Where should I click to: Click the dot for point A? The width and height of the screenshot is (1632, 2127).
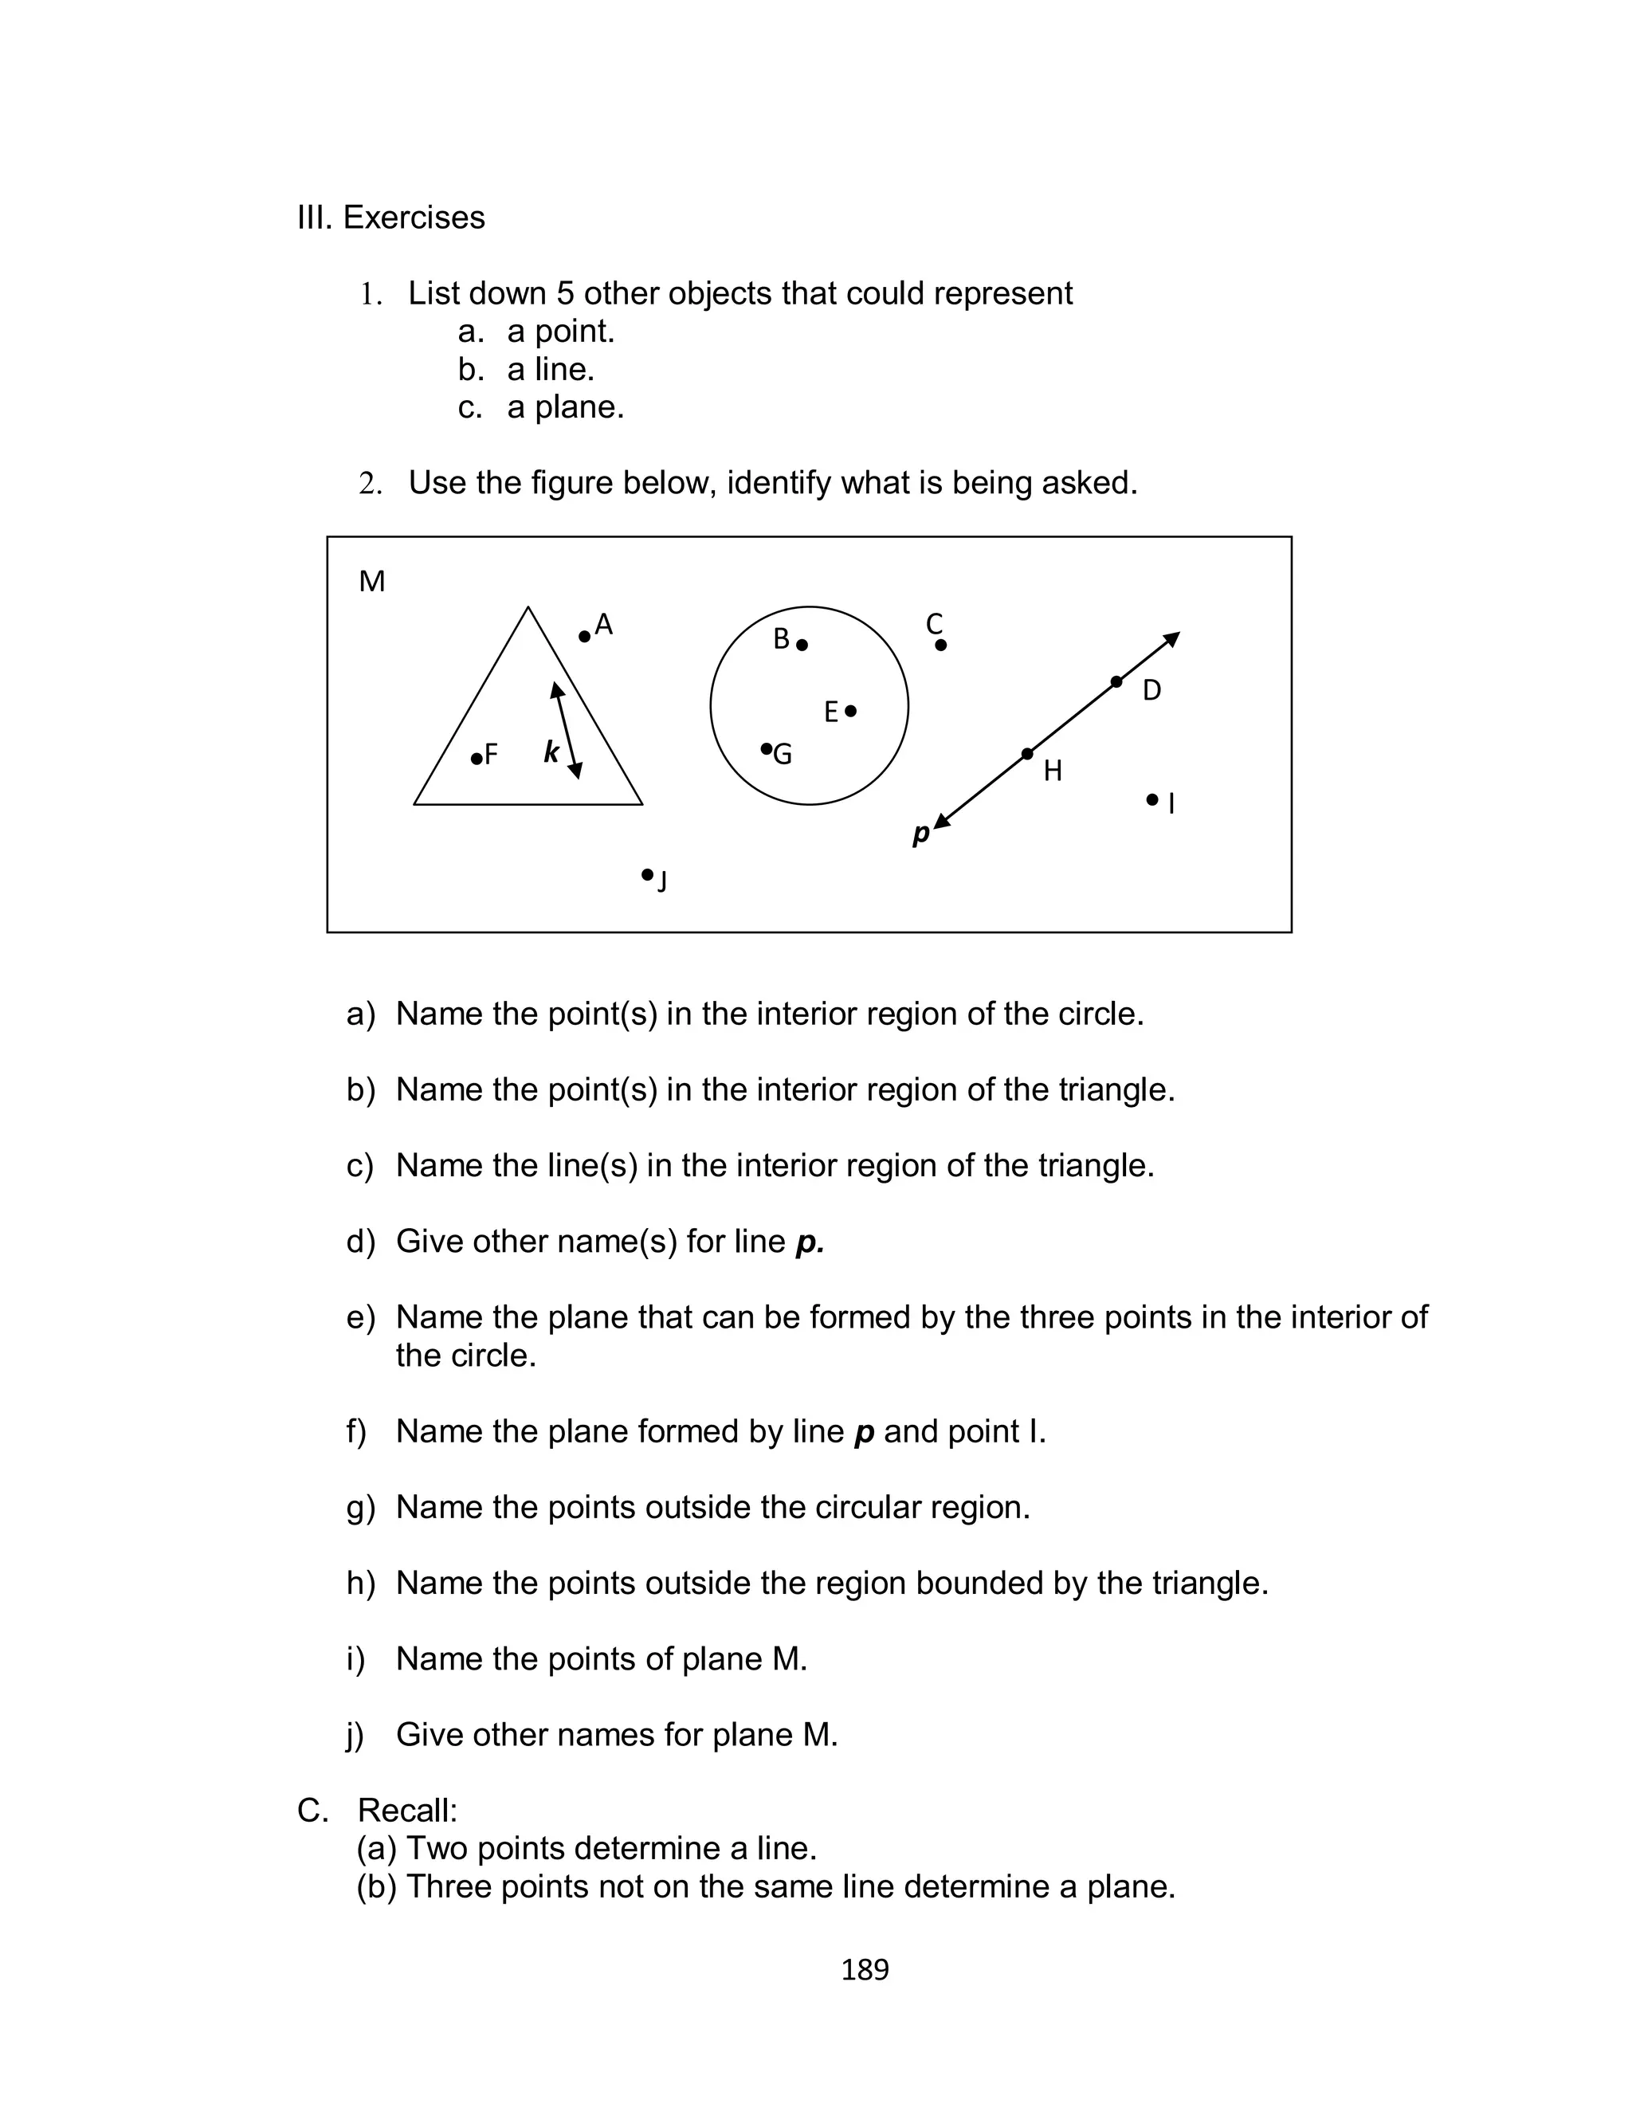(x=584, y=637)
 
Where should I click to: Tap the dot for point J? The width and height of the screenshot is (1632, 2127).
(x=647, y=875)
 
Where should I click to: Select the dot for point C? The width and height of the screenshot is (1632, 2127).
(x=940, y=645)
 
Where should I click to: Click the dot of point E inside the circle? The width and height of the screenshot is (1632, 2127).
(x=851, y=711)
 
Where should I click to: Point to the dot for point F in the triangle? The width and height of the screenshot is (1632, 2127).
(x=476, y=759)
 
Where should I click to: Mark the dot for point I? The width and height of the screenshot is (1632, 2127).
(x=1152, y=799)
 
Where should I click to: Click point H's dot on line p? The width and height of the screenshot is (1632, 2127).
(x=1028, y=754)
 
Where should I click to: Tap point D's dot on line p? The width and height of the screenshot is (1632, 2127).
(x=1116, y=682)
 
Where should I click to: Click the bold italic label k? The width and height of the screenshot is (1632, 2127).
(x=551, y=752)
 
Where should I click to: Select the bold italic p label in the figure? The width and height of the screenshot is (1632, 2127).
(x=920, y=834)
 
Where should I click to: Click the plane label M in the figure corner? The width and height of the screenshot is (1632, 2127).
(x=372, y=582)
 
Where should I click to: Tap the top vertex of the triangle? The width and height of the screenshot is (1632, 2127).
(x=528, y=608)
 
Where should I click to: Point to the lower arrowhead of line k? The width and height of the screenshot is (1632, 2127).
(x=576, y=771)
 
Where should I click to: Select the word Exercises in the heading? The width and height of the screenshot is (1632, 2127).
(x=414, y=218)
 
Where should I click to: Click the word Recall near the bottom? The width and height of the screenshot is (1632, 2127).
(x=406, y=1811)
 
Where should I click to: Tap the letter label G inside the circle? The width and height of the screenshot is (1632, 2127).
(x=783, y=755)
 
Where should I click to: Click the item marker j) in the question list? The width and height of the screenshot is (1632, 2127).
(x=355, y=1736)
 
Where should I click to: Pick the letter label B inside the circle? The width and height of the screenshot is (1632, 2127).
(x=781, y=639)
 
